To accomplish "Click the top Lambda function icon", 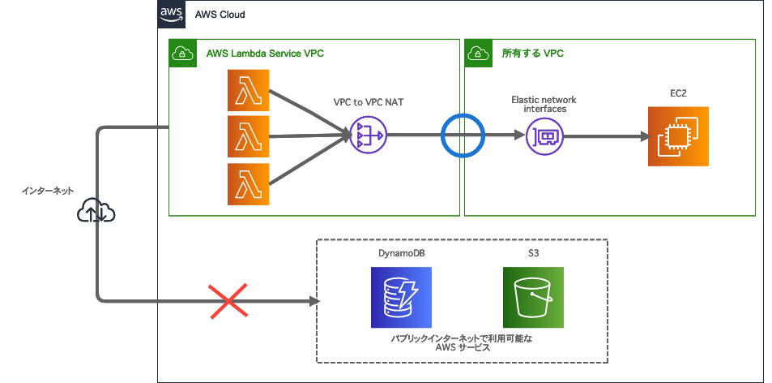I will tap(249, 90).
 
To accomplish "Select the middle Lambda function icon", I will tap(249, 136).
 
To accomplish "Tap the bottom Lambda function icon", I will tap(249, 183).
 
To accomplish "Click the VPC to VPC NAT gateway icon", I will tap(368, 136).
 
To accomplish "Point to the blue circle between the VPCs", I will tap(462, 136).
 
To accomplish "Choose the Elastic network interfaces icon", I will tap(544, 136).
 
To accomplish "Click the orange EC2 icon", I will tap(677, 136).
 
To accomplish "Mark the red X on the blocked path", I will tap(229, 301).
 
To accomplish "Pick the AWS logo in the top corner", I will tap(171, 14).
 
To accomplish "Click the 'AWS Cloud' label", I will tap(220, 15).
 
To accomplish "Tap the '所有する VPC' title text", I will tap(532, 54).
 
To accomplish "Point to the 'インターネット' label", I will tap(48, 191).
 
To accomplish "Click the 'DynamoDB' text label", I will tap(401, 253).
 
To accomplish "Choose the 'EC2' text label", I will tap(677, 93).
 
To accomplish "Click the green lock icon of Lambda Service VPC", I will tap(181, 54).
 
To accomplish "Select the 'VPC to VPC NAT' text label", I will tap(369, 102).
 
